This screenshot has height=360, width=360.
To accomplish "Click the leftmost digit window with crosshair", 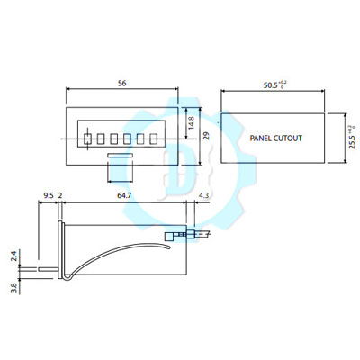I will point(87,139).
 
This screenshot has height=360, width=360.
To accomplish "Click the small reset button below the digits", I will point(119,157).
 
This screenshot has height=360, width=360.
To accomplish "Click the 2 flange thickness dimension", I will point(60,192).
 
